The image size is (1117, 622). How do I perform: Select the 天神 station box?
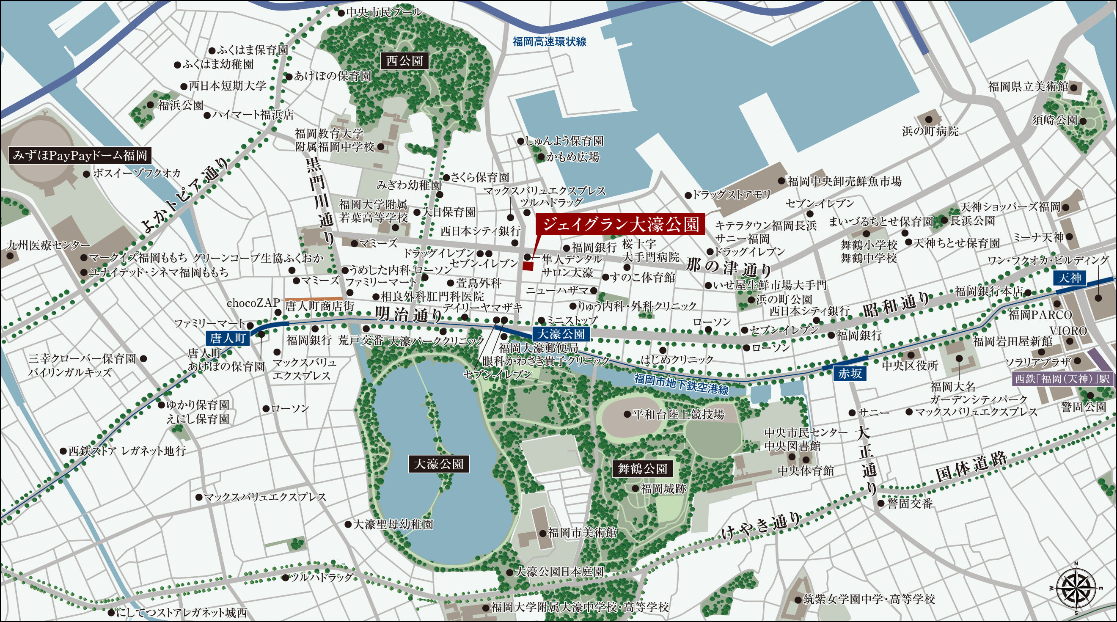[1070, 278]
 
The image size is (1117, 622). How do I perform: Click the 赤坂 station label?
[850, 374]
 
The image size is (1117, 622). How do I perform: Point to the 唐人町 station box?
[228, 338]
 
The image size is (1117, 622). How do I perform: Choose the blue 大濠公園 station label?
[561, 334]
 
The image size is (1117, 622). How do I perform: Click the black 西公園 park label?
[404, 61]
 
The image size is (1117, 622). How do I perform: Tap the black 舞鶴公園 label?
[642, 468]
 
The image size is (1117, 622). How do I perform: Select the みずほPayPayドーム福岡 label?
[80, 155]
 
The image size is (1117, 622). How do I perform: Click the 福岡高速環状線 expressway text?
[549, 41]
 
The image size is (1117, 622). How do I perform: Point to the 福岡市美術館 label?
[581, 532]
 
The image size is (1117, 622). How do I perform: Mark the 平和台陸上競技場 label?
[678, 414]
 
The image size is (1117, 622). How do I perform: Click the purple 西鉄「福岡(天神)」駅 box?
[1062, 379]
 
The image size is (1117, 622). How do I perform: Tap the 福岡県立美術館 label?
[1028, 86]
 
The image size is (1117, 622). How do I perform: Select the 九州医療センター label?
[48, 245]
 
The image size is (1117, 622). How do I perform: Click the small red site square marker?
[528, 266]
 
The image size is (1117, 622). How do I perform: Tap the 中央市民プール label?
[383, 12]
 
